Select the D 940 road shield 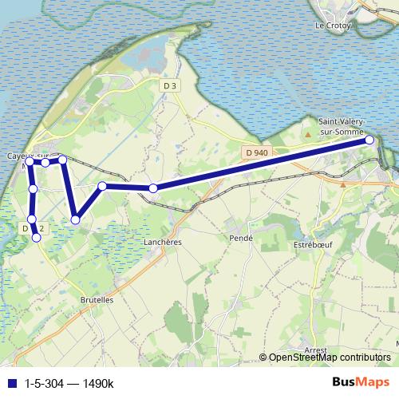point(257,152)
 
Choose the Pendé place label point(239,238)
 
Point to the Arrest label point(316,350)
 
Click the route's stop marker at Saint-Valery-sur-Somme point(369,140)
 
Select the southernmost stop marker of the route point(36,238)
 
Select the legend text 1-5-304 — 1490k point(69,384)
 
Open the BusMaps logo point(361,382)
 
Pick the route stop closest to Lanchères point(152,188)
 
